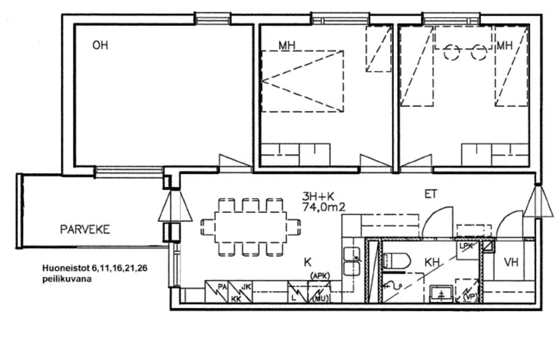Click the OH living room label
pos(100,45)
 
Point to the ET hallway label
pos(430,194)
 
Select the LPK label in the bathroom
pos(467,246)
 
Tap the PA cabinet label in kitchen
pos(222,287)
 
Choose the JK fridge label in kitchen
pos(246,287)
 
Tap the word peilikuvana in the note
pos(67,280)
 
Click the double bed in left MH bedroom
pos(302,81)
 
